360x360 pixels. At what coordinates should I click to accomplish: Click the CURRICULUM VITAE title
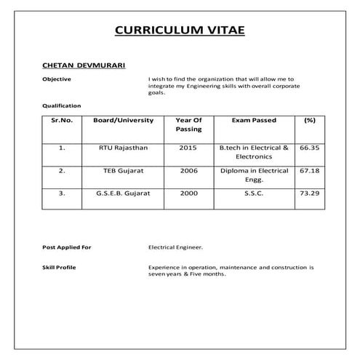click(x=180, y=30)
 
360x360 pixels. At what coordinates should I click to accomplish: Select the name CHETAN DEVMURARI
click(x=84, y=65)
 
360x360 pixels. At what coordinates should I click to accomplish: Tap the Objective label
click(x=56, y=78)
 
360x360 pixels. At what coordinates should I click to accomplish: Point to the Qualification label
click(x=61, y=105)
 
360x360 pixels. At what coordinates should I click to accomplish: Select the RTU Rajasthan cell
click(x=123, y=147)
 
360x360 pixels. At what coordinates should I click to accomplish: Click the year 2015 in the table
click(x=188, y=147)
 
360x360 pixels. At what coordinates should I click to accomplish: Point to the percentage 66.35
click(x=309, y=147)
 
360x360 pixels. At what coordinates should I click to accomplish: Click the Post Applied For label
click(x=67, y=248)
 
